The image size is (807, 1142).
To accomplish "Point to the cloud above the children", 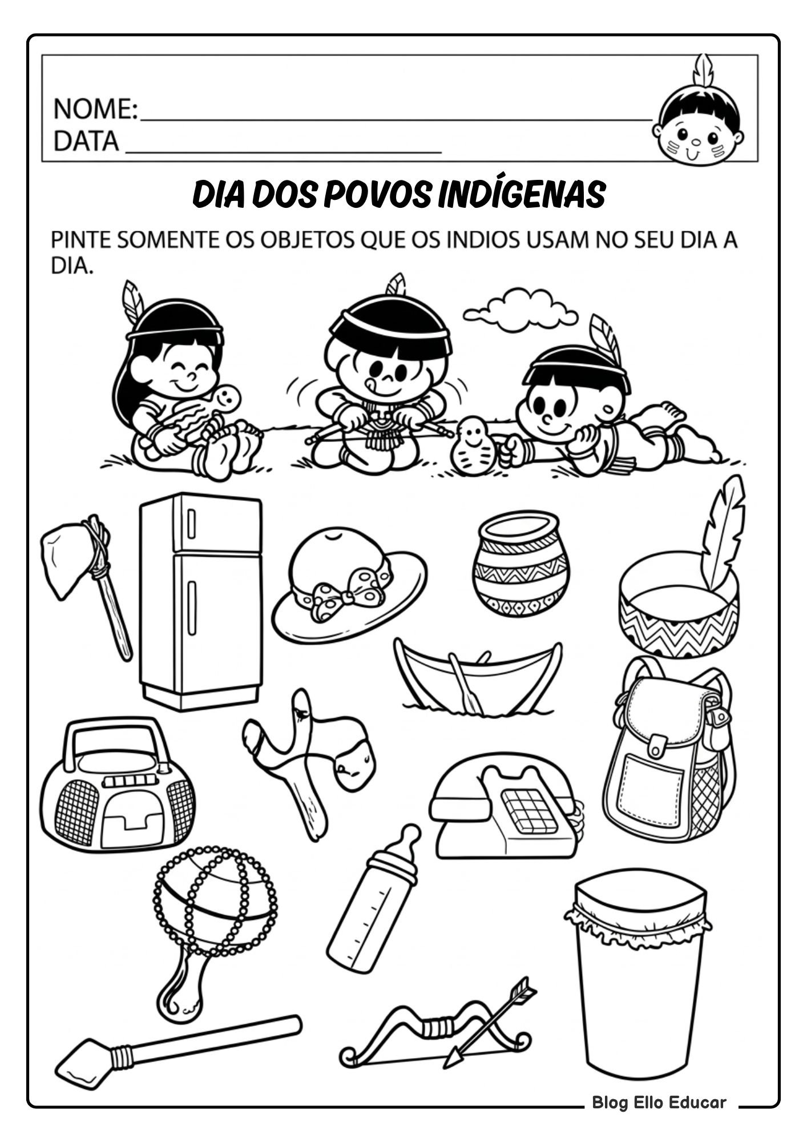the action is click(520, 310).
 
